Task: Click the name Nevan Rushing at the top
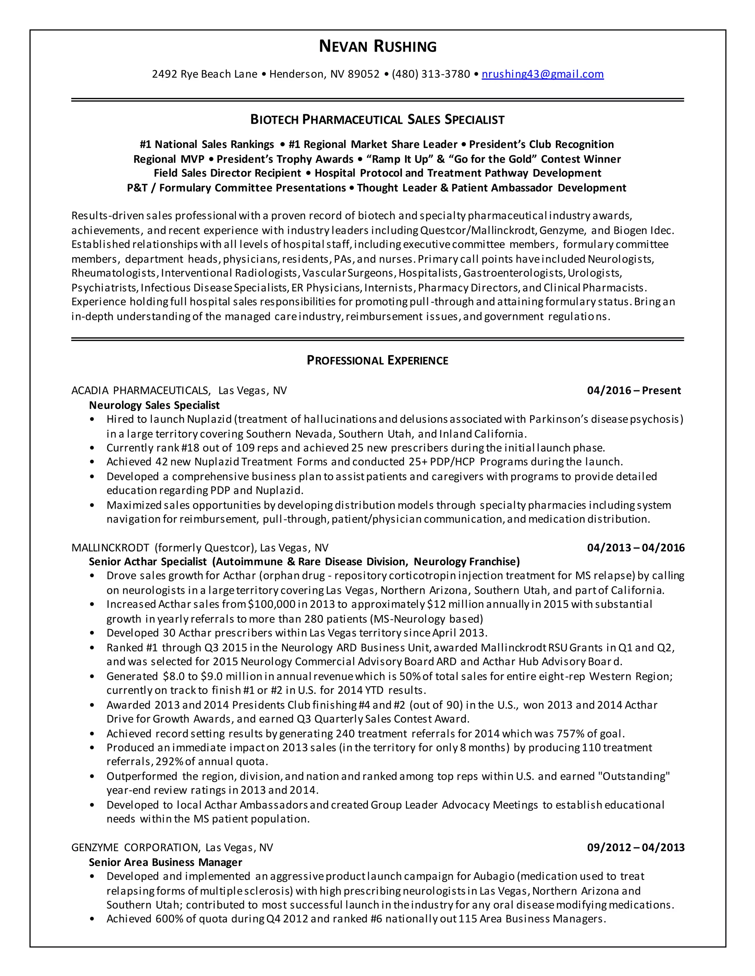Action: point(377,46)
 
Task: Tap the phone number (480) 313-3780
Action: point(431,74)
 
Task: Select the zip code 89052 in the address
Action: point(363,74)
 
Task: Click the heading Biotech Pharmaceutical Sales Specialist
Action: point(377,120)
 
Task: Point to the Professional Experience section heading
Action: point(377,361)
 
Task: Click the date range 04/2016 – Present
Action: point(633,390)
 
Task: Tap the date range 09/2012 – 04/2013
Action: point(636,848)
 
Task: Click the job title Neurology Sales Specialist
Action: point(154,406)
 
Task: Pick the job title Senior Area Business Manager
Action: point(166,862)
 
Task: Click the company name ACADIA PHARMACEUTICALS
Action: point(140,390)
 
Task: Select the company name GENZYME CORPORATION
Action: point(135,848)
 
